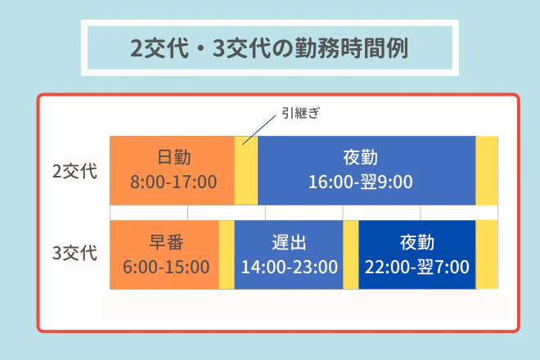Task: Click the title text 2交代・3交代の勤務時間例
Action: coord(269,47)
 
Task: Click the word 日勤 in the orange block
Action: coord(173,157)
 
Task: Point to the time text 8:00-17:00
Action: coord(173,181)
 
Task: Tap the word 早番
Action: coord(165,243)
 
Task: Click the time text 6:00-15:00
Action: coord(165,267)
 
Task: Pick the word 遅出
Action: coord(288,243)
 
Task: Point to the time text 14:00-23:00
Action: coord(288,267)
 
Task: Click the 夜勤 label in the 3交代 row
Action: coord(416,243)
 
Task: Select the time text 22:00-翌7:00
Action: coord(416,267)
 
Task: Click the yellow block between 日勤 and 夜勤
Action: coord(246,170)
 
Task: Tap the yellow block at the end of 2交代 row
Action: coord(487,170)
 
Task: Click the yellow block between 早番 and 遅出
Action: coord(227,254)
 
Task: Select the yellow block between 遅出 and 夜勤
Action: coord(350,254)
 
